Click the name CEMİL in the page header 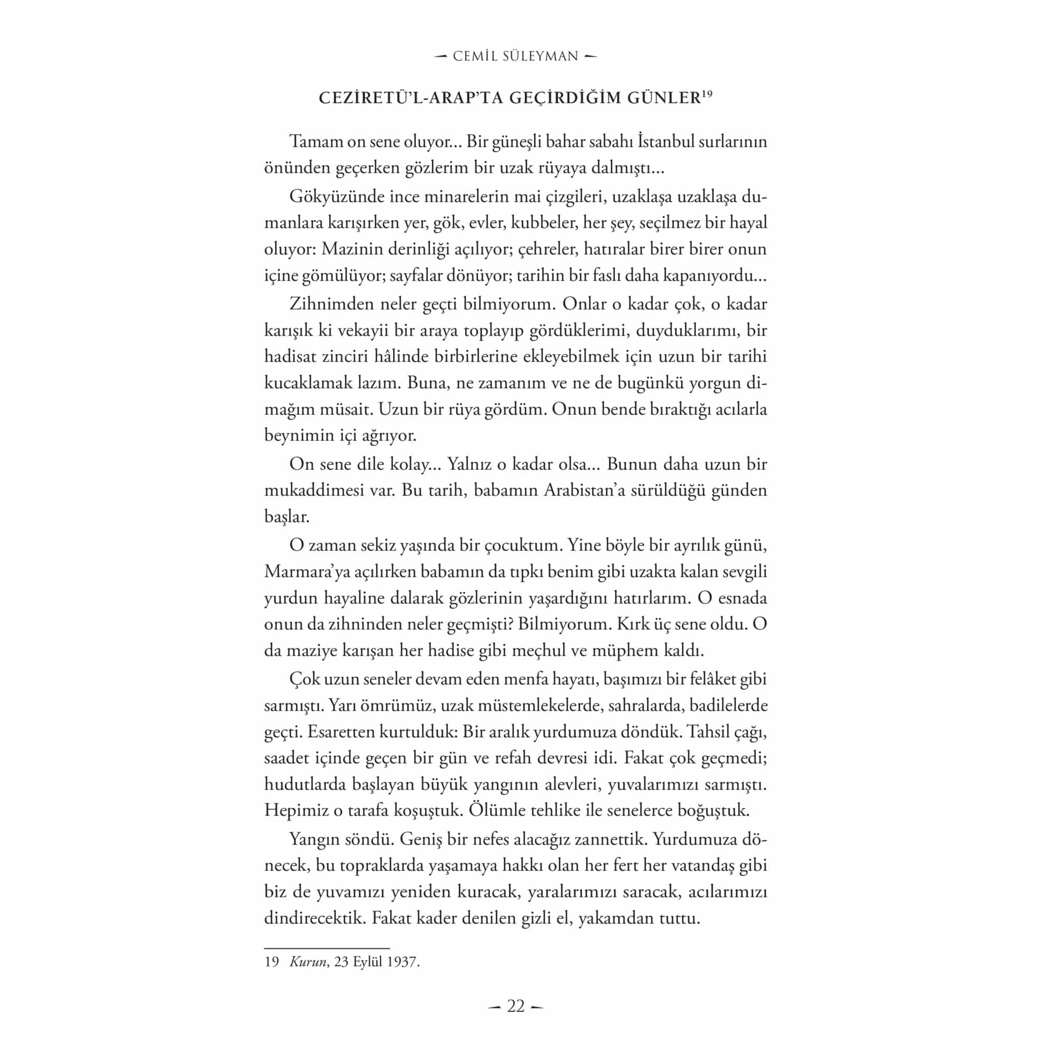click(x=475, y=57)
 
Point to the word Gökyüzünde click(x=335, y=196)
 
